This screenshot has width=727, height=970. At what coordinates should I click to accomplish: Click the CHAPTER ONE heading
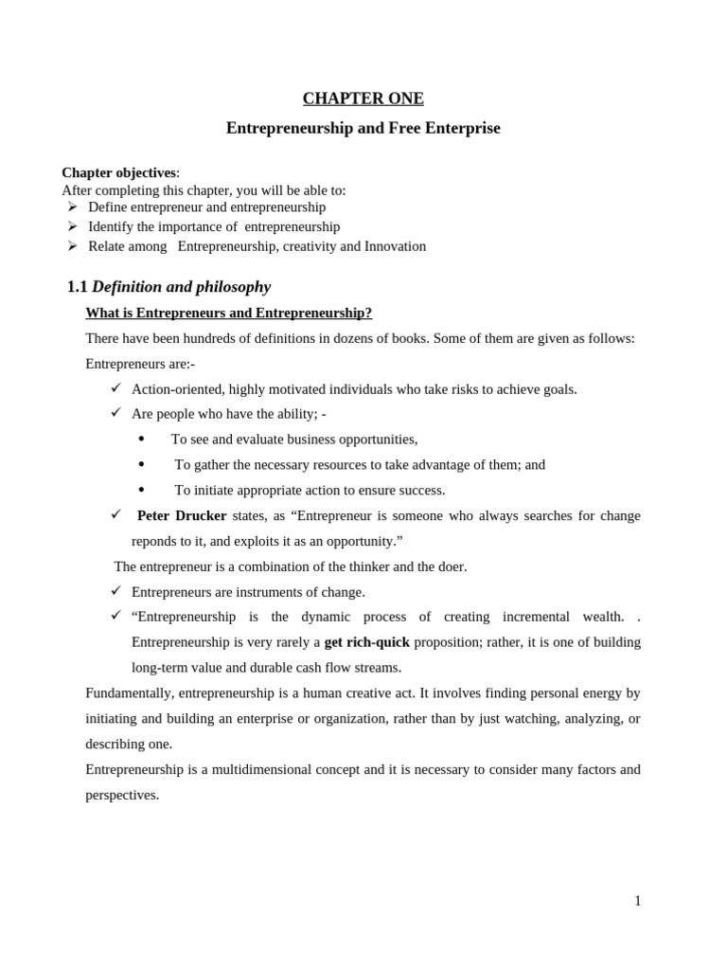(363, 99)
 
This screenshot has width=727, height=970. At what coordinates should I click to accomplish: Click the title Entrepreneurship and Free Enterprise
(363, 128)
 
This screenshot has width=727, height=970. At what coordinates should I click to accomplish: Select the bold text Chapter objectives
(118, 172)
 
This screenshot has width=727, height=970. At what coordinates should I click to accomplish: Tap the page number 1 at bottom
(637, 901)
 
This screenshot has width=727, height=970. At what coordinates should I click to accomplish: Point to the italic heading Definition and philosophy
(181, 287)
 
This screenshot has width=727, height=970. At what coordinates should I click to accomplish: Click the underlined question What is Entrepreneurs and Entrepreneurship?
(228, 313)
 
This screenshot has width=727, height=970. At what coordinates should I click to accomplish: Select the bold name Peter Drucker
(182, 515)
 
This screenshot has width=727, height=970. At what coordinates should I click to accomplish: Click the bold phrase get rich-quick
(367, 642)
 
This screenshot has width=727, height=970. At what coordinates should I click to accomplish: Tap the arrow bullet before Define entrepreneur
(72, 207)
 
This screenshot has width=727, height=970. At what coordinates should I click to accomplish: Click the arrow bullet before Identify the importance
(72, 226)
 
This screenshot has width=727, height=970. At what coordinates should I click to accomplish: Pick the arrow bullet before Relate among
(72, 246)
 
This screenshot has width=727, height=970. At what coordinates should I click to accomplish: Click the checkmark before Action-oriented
(115, 387)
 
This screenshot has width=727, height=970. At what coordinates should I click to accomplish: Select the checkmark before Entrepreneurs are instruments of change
(115, 590)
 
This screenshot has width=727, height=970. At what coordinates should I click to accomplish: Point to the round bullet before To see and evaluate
(141, 439)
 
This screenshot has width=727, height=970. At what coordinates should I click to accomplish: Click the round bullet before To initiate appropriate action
(141, 490)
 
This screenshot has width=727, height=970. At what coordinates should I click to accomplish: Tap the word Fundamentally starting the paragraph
(129, 693)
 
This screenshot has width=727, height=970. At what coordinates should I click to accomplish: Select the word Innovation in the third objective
(395, 246)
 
